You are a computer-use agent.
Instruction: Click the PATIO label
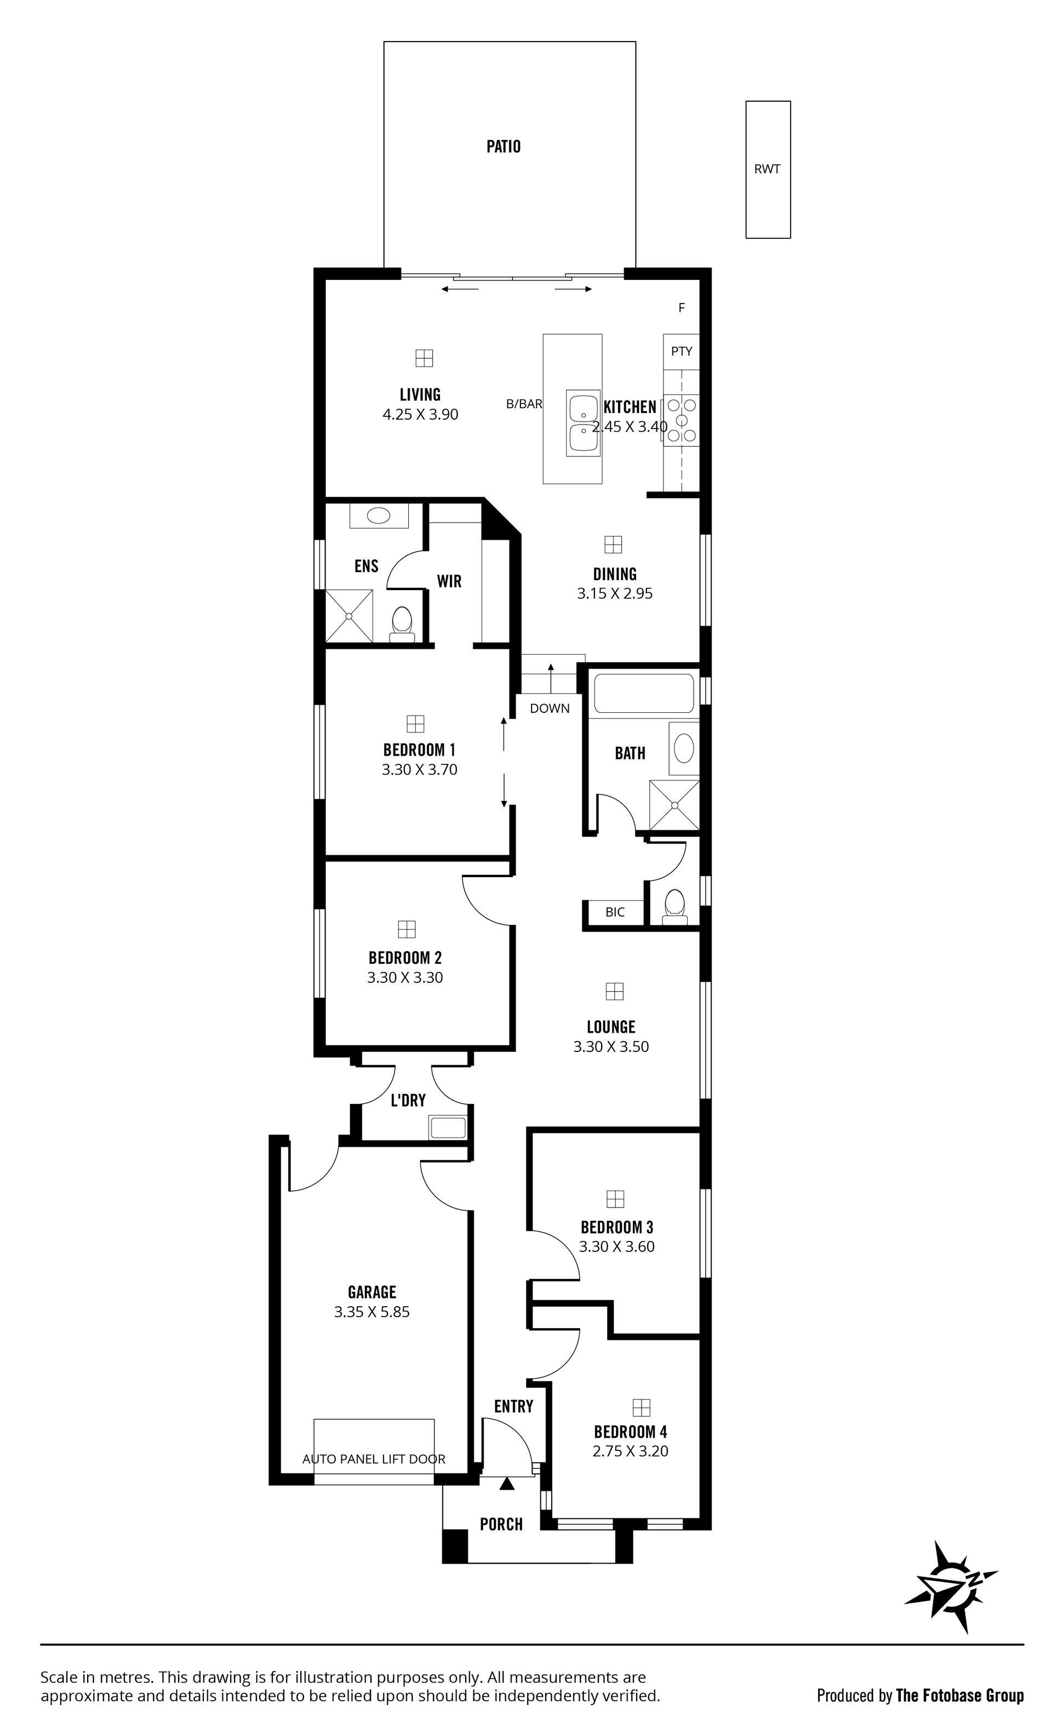pos(504,146)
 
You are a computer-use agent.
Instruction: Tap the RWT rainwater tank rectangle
pos(768,169)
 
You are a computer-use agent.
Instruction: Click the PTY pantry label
pos(682,351)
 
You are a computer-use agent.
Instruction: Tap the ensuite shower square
pos(349,616)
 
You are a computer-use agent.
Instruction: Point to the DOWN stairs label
pos(550,708)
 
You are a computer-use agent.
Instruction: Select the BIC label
pos(615,912)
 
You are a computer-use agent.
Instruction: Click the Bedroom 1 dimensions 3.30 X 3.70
pos(420,769)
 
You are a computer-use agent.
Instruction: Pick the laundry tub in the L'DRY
pos(448,1128)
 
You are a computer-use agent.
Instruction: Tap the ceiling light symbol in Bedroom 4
pos(641,1408)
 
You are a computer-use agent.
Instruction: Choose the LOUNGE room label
pos(611,1027)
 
